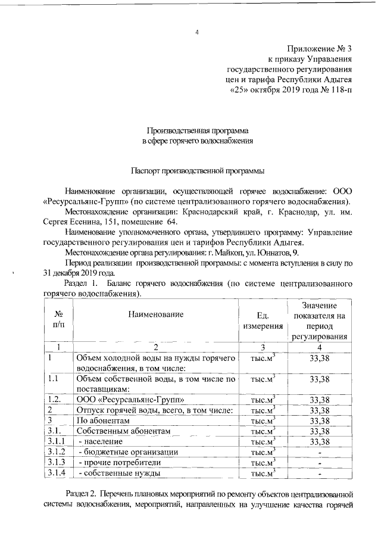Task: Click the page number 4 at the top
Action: (196, 32)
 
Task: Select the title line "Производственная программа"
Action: (198, 130)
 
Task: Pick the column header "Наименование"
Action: (154, 314)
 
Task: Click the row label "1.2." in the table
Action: (56, 400)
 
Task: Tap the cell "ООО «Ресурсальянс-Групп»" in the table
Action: (127, 400)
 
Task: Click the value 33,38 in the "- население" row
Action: (320, 441)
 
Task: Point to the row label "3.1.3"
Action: (57, 462)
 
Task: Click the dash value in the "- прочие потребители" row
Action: (320, 463)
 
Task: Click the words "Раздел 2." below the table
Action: (82, 495)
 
